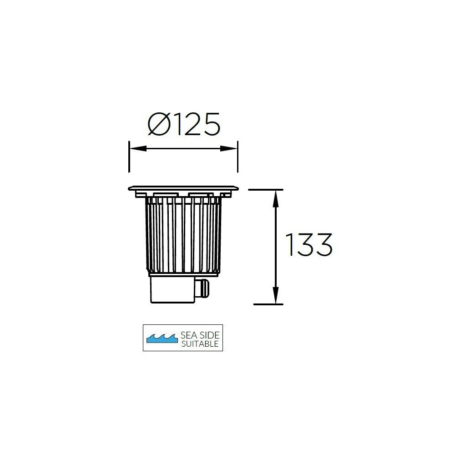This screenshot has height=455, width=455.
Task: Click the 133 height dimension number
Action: point(309,245)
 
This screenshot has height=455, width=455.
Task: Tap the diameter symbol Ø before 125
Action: point(159,124)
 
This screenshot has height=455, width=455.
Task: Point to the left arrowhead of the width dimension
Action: point(137,149)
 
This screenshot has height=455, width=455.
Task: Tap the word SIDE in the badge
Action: point(210,335)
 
